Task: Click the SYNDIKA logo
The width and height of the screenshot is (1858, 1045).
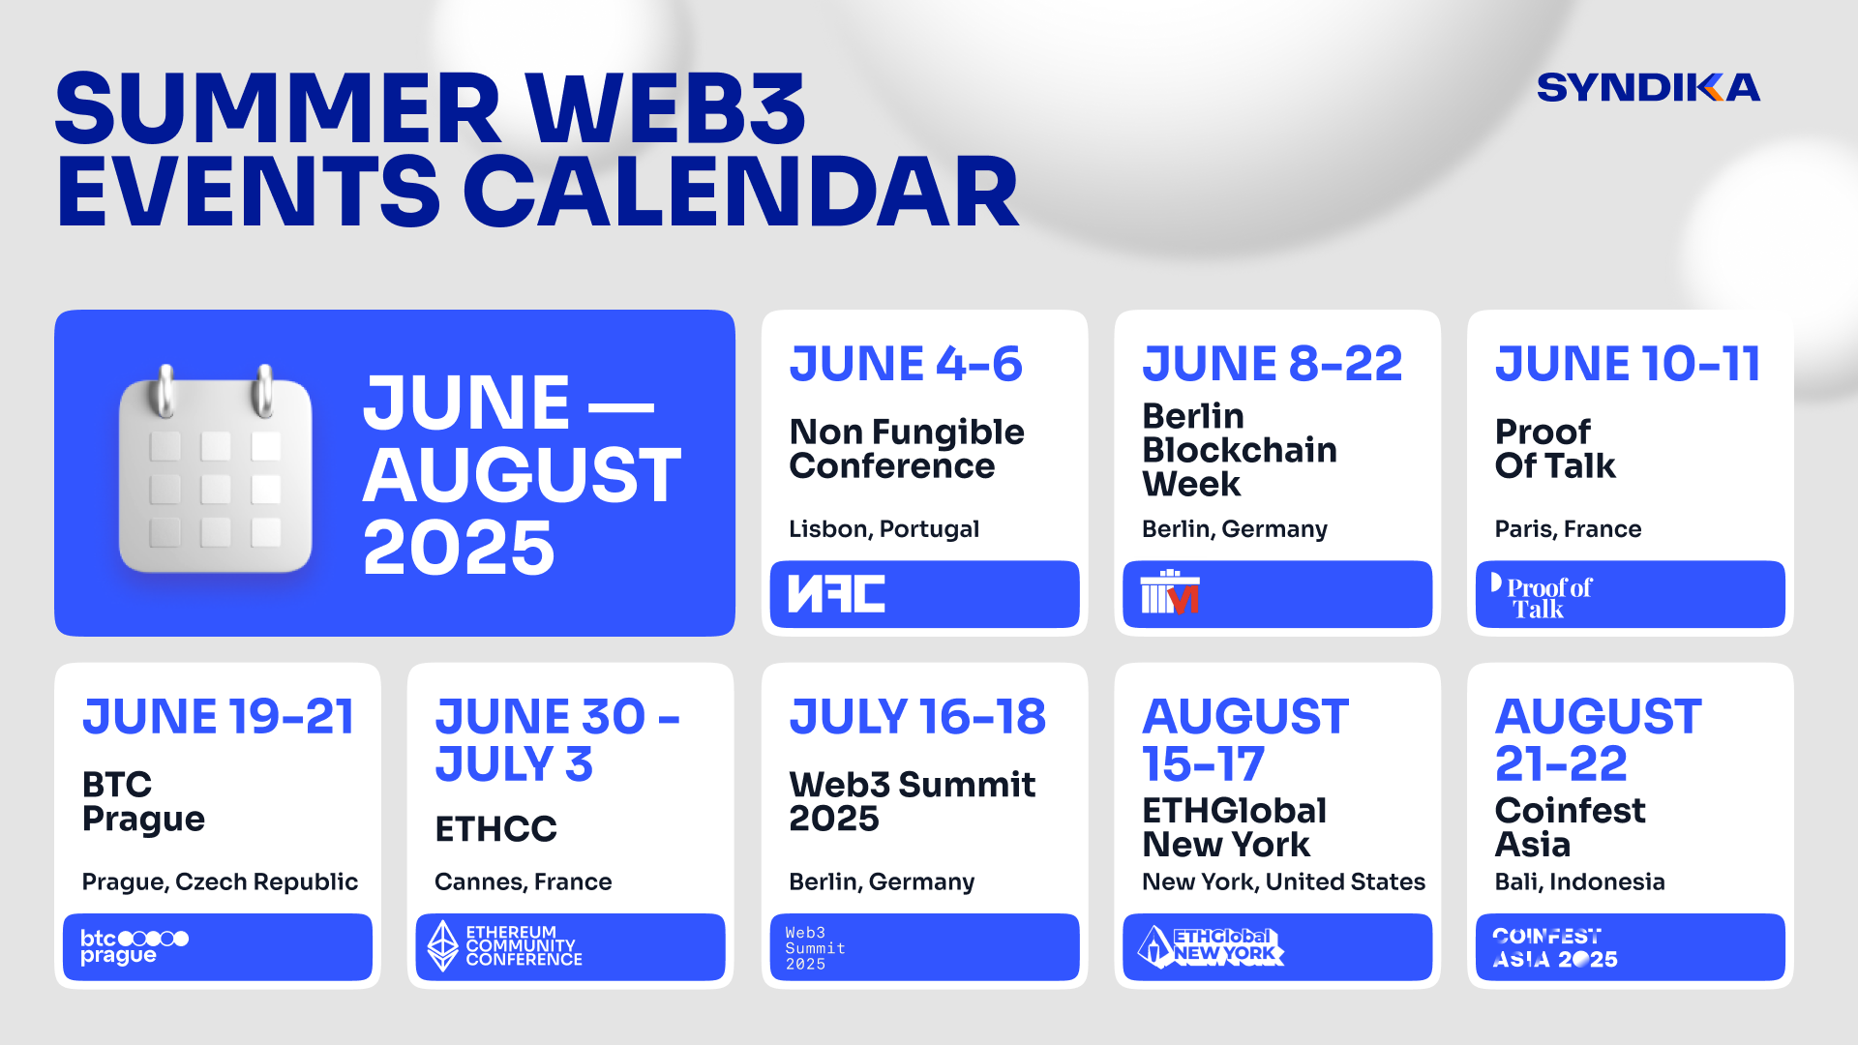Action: click(x=1648, y=87)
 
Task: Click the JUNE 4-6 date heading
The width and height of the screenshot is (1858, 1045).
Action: click(x=906, y=364)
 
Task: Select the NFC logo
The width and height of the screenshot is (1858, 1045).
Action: click(x=836, y=594)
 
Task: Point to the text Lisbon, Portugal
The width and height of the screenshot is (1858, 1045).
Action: click(x=884, y=529)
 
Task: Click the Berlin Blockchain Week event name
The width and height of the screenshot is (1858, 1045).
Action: click(x=1240, y=450)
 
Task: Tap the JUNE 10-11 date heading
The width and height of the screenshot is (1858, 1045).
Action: click(x=1628, y=364)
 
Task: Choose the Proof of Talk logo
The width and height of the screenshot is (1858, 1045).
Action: click(x=1542, y=596)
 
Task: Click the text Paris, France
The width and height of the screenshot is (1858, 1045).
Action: click(x=1568, y=529)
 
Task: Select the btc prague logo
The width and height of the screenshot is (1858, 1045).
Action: click(x=134, y=947)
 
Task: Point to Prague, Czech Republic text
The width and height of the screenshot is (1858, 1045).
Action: click(x=220, y=882)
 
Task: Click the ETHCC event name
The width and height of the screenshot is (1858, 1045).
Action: click(x=495, y=829)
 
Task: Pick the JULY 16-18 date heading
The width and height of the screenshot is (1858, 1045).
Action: click(x=917, y=717)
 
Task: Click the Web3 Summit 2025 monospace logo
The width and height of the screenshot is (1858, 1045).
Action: click(x=815, y=948)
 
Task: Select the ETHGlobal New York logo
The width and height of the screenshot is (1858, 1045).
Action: click(x=1211, y=946)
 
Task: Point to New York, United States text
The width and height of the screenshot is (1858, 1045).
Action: click(x=1283, y=882)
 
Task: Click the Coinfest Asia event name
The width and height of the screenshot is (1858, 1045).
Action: click(x=1570, y=827)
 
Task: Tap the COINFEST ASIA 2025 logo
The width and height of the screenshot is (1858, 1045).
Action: click(x=1554, y=948)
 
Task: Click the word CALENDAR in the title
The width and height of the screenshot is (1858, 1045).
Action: click(x=741, y=193)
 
